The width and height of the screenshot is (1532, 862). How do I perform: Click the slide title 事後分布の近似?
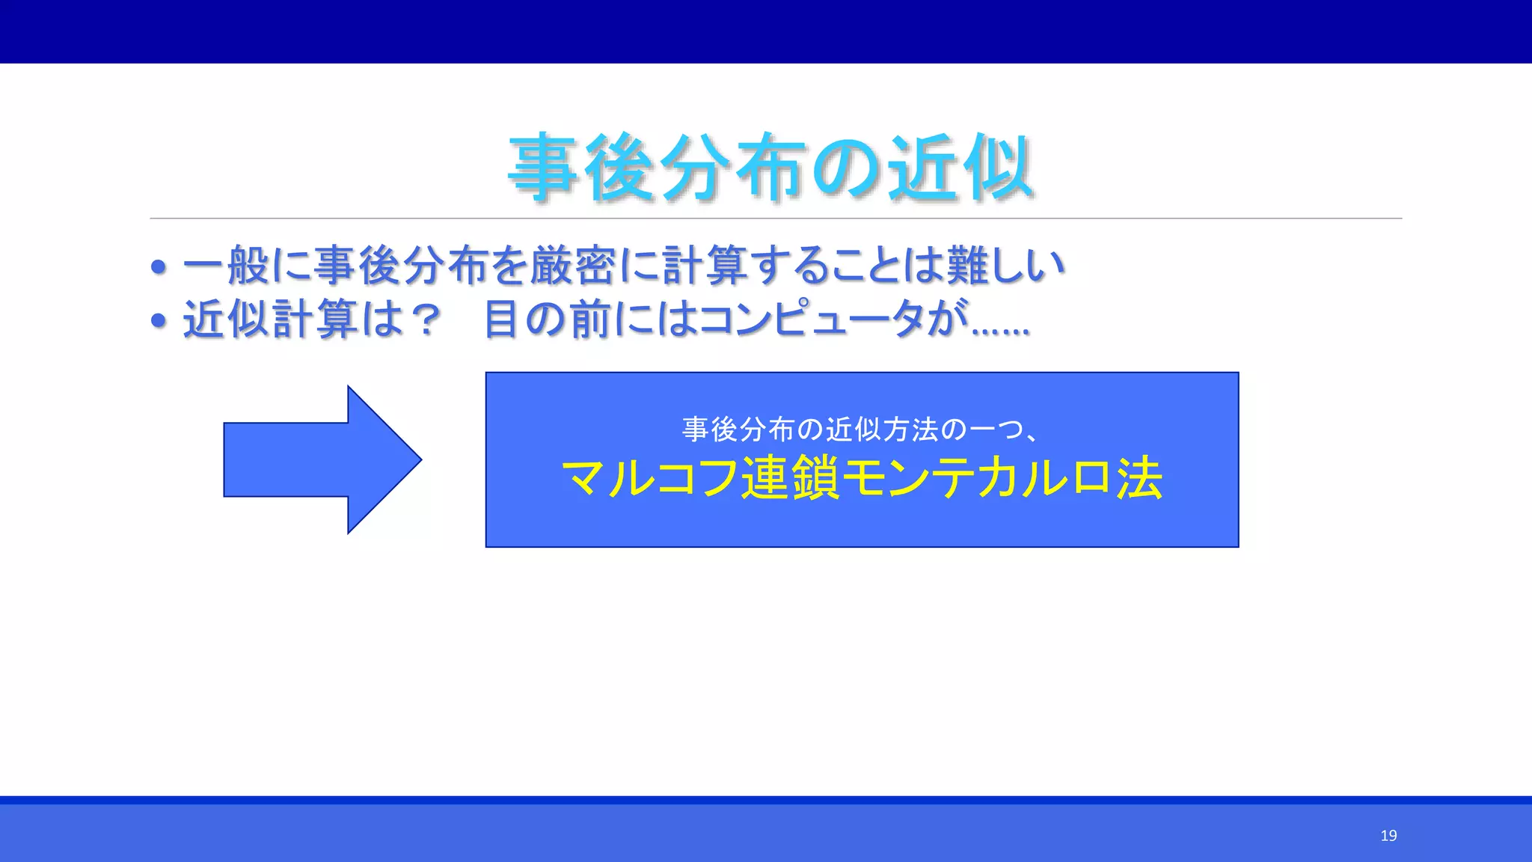coord(770,168)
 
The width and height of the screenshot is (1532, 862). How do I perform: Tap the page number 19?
coord(1388,836)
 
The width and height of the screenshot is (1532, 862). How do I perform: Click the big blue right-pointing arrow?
coord(322,459)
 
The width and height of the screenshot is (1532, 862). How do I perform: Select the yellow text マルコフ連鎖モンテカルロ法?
coord(862,478)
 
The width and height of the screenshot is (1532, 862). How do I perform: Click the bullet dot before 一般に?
coord(158,267)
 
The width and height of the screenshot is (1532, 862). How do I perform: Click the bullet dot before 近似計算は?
coord(158,321)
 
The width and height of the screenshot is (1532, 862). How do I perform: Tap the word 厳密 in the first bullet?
coord(574,266)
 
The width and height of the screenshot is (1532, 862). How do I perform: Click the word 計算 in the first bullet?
coord(705,266)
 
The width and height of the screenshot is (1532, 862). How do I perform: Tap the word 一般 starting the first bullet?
coord(226,266)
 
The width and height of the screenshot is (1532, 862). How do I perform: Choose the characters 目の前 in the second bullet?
coord(547,320)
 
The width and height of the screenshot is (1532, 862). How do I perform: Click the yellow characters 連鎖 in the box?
coord(790,478)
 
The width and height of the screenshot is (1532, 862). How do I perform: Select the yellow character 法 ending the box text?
coord(1139,478)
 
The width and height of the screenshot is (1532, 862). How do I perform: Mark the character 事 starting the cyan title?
coord(544,168)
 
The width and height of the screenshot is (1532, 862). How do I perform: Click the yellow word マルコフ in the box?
coord(649,478)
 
